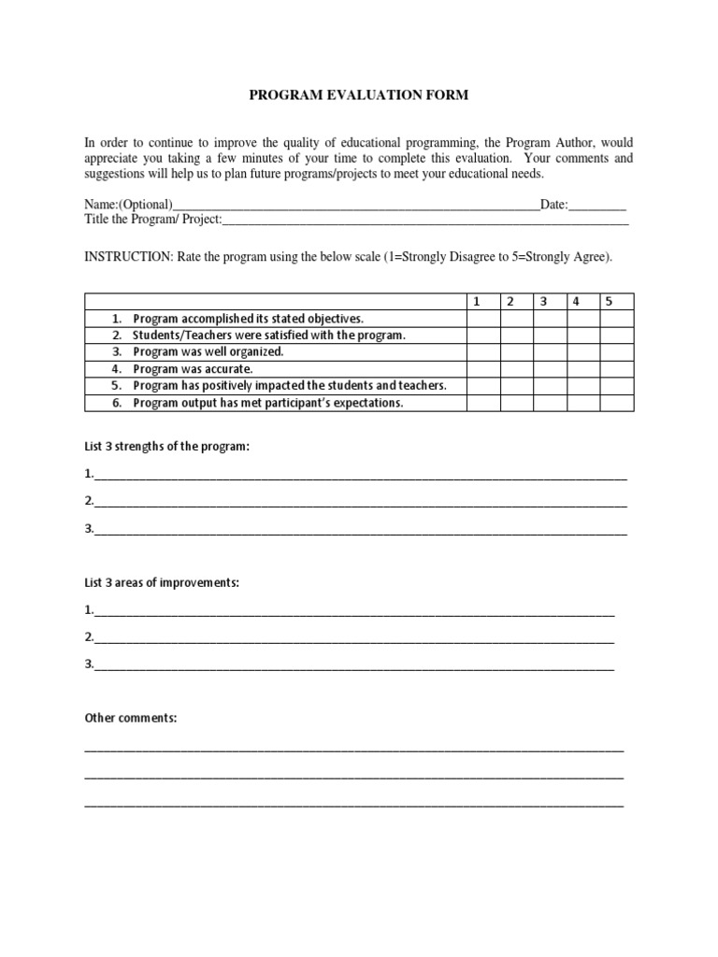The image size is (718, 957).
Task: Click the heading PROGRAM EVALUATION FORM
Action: coord(358,95)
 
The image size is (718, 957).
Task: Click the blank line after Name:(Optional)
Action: coord(356,206)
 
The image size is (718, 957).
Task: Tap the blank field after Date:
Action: coord(597,206)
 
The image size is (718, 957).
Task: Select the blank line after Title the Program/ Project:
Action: coord(425,221)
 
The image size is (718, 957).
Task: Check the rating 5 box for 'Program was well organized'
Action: coord(616,352)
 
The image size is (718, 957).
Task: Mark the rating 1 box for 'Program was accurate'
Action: coord(483,369)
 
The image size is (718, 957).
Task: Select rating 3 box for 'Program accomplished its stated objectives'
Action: coord(550,319)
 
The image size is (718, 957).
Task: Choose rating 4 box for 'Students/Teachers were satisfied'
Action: coord(583,336)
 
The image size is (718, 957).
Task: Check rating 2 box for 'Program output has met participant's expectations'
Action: coord(517,403)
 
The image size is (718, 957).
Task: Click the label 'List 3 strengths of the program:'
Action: coord(167,447)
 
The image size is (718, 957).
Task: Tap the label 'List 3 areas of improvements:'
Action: coord(162,583)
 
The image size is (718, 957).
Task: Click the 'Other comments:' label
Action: coord(131,719)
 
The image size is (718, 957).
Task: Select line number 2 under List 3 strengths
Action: coord(360,502)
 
